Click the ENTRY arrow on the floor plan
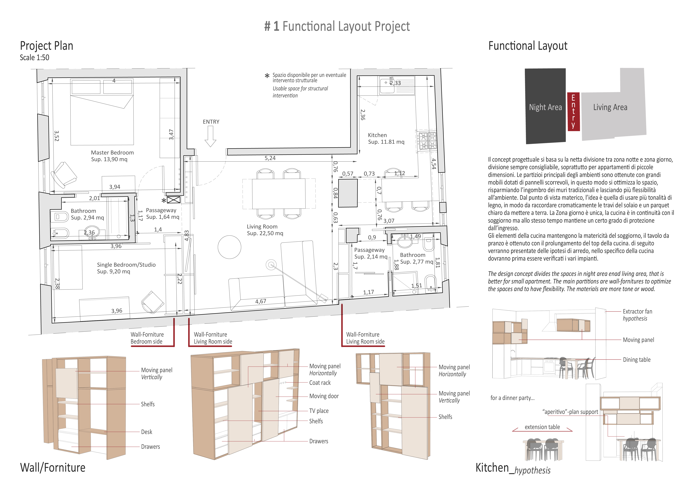(x=210, y=136)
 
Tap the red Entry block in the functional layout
(x=573, y=111)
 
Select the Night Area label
(x=545, y=107)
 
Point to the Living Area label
(x=610, y=107)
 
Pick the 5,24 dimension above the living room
(x=270, y=158)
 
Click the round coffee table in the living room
(x=230, y=247)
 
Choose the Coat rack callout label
(x=320, y=383)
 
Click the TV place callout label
(x=319, y=411)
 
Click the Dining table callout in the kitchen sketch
(x=637, y=360)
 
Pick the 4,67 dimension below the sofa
(x=261, y=301)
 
